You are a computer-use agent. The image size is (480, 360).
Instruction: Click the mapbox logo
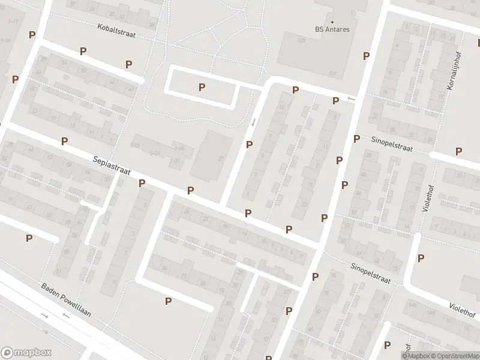25,353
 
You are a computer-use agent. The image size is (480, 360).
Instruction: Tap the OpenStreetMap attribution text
454,356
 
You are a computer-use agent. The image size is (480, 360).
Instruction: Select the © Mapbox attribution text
415,356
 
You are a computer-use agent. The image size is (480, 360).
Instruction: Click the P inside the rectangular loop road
202,87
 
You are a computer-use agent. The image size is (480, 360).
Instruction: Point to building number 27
221,158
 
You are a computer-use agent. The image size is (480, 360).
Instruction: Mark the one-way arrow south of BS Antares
351,98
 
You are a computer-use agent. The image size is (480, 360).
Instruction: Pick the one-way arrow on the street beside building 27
253,122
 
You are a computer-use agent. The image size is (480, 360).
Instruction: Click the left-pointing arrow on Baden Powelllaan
64,316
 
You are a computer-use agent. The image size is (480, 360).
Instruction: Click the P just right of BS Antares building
366,56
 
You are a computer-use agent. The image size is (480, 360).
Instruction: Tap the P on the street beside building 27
249,144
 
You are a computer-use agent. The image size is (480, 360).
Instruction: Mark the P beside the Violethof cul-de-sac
421,258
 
